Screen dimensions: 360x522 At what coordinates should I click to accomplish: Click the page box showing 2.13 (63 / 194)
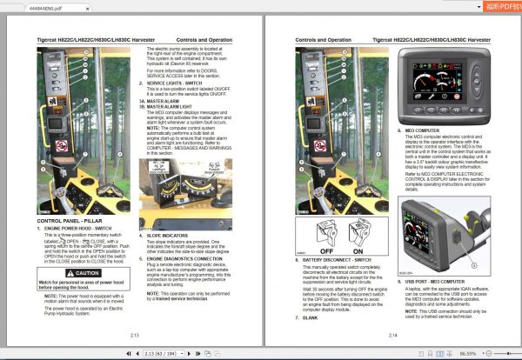(166, 354)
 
